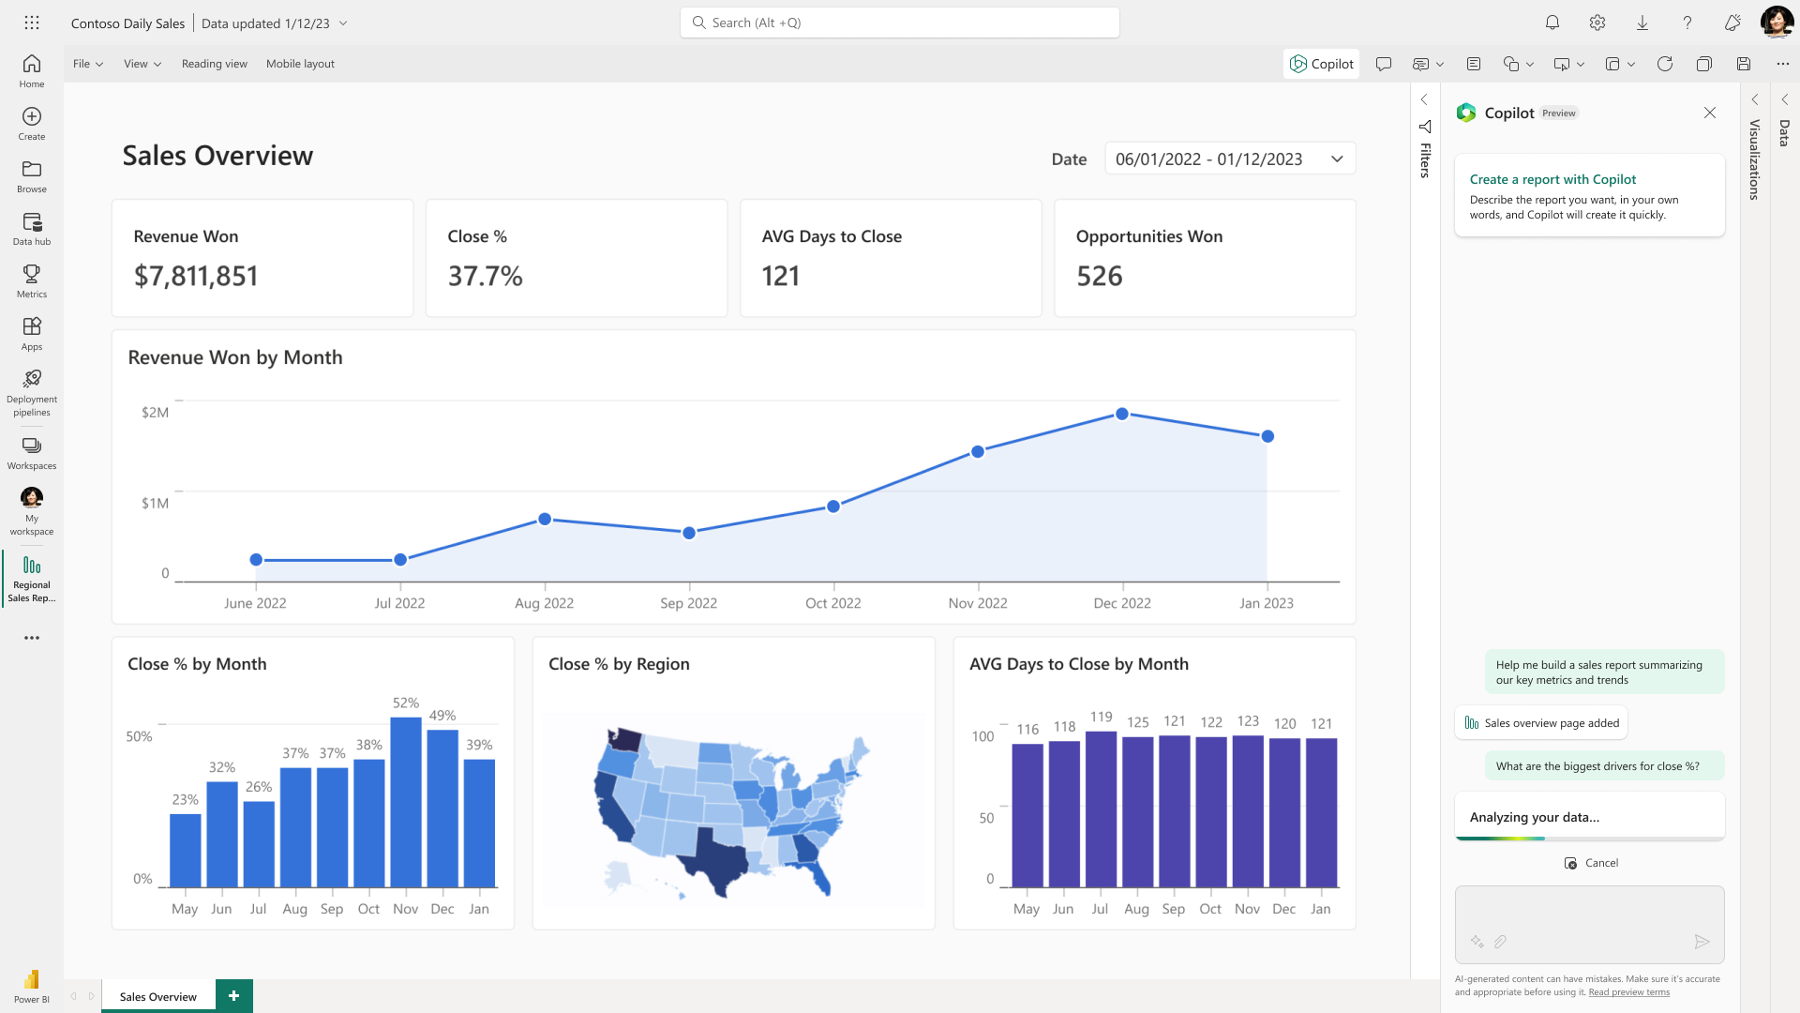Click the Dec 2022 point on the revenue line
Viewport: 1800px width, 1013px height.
1122,414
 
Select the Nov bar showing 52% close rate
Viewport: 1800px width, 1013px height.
406,802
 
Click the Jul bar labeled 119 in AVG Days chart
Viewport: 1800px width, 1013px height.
1101,809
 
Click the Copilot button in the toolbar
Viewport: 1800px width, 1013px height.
1322,64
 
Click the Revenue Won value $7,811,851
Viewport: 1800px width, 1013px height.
196,276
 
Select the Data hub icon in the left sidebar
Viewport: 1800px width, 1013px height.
32,228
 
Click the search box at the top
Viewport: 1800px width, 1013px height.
900,23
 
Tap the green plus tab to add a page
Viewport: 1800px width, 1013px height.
233,995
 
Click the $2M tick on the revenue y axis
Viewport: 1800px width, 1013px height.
155,413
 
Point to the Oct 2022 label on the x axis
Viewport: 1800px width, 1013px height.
832,603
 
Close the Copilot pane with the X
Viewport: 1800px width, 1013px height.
1710,113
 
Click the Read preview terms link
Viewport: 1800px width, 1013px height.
1628,992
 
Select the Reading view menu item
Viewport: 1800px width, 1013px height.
215,64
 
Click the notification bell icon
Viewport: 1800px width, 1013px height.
1552,23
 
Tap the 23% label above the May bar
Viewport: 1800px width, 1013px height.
185,799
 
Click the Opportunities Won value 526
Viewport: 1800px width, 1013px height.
1099,276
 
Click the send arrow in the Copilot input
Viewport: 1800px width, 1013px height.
1702,942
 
